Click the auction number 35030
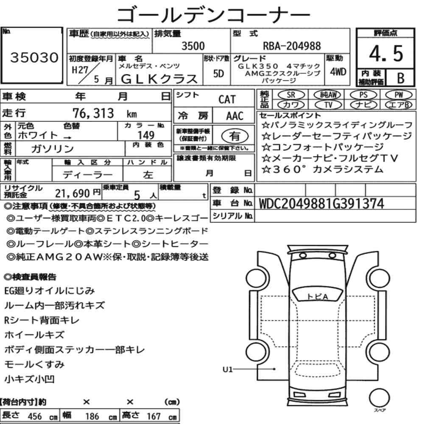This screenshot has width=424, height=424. point(34,58)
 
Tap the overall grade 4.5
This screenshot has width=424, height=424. point(386,53)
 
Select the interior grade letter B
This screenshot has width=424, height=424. point(401,78)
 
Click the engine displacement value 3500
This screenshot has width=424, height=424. point(193,46)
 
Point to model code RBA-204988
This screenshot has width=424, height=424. point(292,46)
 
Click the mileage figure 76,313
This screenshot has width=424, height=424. point(93,113)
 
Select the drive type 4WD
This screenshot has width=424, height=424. point(338,72)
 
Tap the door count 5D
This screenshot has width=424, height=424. point(218,73)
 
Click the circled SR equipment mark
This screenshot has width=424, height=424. point(291,95)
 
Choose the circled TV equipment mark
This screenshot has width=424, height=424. point(328,105)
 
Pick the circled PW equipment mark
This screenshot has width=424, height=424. point(399,95)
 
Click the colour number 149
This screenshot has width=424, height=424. point(146,135)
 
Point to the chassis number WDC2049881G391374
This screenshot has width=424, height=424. point(321,204)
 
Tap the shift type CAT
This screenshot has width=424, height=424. point(227,100)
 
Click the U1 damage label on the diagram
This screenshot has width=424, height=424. point(227,369)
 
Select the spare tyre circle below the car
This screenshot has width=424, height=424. point(379,398)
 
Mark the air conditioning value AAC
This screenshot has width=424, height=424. point(235,116)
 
